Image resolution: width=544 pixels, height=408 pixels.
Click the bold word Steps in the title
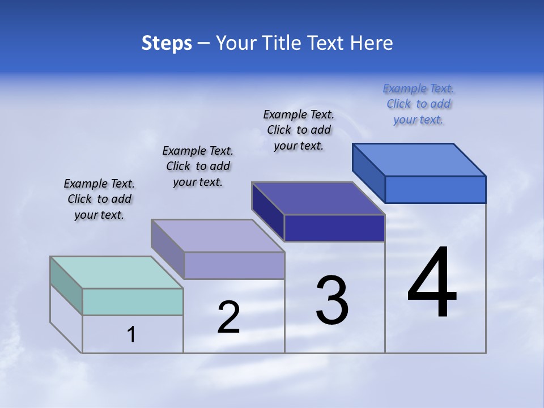click(x=167, y=43)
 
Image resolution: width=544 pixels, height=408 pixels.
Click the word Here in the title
click(x=372, y=43)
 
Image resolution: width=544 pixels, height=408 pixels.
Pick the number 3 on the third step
click(x=332, y=300)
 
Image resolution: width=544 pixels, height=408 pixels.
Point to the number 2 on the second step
click(x=229, y=317)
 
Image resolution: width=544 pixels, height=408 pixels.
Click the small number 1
click(x=131, y=334)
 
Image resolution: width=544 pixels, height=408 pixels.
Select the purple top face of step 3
click(x=318, y=198)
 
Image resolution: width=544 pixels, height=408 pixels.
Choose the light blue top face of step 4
click(x=419, y=160)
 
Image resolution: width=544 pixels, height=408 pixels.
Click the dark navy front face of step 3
click(x=334, y=228)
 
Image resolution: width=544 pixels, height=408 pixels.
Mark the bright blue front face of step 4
click(x=435, y=189)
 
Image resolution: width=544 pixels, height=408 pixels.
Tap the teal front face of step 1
click(x=133, y=301)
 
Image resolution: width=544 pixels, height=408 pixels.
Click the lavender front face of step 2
click(x=233, y=265)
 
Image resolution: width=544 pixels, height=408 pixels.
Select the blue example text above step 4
click(x=418, y=104)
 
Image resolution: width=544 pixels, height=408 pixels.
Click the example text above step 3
click(x=299, y=130)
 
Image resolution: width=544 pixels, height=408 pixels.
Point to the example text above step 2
click(x=198, y=166)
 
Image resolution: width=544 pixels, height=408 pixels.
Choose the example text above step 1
click(x=99, y=199)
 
